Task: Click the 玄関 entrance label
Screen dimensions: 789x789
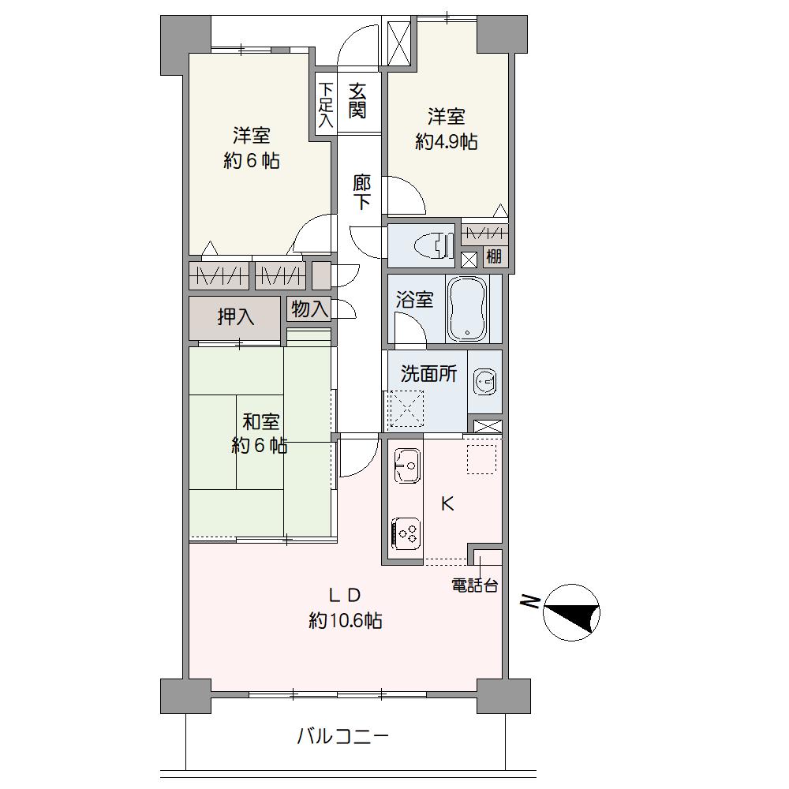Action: [x=357, y=101]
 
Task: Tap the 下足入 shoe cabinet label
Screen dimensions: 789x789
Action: [x=326, y=105]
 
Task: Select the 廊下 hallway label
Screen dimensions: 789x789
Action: [x=361, y=191]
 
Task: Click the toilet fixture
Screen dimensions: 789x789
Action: [x=432, y=246]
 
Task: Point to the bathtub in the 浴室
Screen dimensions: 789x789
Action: [x=467, y=308]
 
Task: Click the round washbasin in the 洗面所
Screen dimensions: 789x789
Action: [x=484, y=382]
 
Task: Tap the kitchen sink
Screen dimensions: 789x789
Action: [x=406, y=466]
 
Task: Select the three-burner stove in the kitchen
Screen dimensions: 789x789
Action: [x=406, y=534]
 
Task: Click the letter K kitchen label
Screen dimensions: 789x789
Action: [x=447, y=503]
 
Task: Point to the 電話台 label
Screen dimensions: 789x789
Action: [x=474, y=585]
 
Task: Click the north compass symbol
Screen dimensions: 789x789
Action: [x=571, y=612]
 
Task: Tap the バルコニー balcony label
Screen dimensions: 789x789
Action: [x=343, y=737]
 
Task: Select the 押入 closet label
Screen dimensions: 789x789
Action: [x=235, y=317]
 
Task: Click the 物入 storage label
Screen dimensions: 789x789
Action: [x=309, y=308]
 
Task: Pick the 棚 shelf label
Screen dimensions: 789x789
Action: [x=494, y=256]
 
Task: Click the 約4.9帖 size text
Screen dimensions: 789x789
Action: [x=447, y=142]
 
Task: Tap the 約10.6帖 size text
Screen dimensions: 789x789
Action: [x=346, y=620]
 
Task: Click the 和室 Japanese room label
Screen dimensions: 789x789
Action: [x=260, y=421]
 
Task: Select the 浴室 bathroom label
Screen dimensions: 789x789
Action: [x=414, y=300]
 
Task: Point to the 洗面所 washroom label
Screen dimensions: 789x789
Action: [x=428, y=374]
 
